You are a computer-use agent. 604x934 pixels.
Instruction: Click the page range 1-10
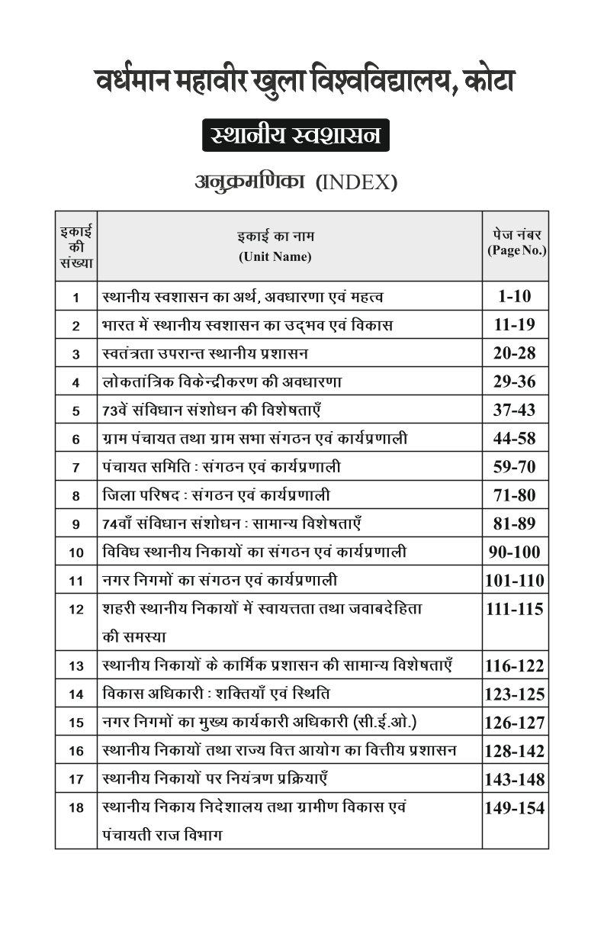coord(514,296)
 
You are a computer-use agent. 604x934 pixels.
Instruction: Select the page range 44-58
coord(514,438)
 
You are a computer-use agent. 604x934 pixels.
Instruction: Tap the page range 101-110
coord(514,581)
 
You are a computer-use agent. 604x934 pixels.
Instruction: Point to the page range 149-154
coord(514,808)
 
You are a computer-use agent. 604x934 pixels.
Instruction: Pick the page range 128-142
coord(514,751)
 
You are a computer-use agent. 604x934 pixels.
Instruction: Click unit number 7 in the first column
coord(75,468)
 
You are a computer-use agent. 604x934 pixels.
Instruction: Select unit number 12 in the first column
coord(75,610)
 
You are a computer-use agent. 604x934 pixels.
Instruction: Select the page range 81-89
coord(514,523)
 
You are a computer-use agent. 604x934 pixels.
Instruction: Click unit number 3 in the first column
coord(75,354)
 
